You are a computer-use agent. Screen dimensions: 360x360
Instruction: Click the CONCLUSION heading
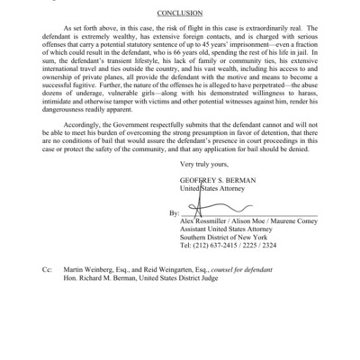tap(179, 14)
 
